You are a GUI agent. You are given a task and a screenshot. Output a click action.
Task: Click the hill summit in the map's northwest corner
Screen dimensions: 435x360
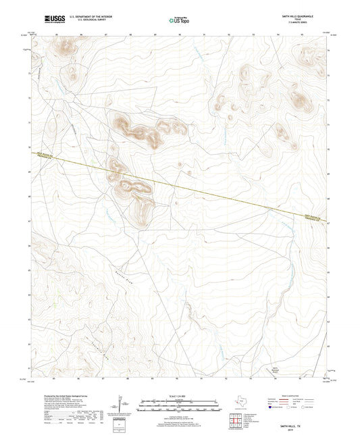tap(66, 47)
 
